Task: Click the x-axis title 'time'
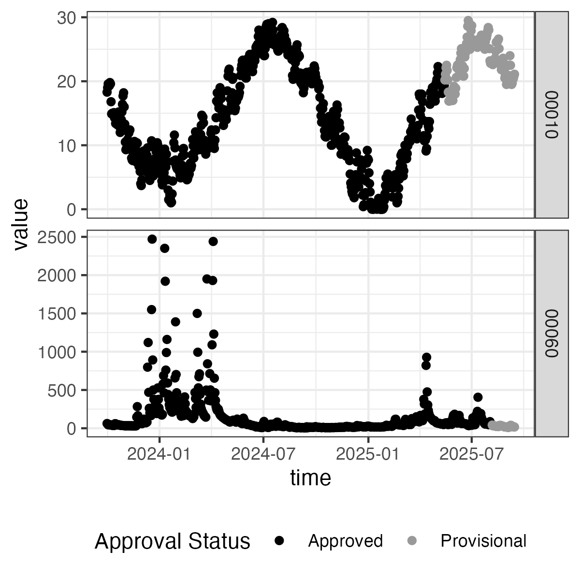tap(310, 478)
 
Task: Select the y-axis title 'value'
tap(20, 224)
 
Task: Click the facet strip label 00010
tap(551, 115)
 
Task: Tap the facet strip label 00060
tap(551, 333)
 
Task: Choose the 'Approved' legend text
tap(345, 541)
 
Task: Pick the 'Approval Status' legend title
tap(172, 541)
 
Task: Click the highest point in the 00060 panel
tap(152, 239)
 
